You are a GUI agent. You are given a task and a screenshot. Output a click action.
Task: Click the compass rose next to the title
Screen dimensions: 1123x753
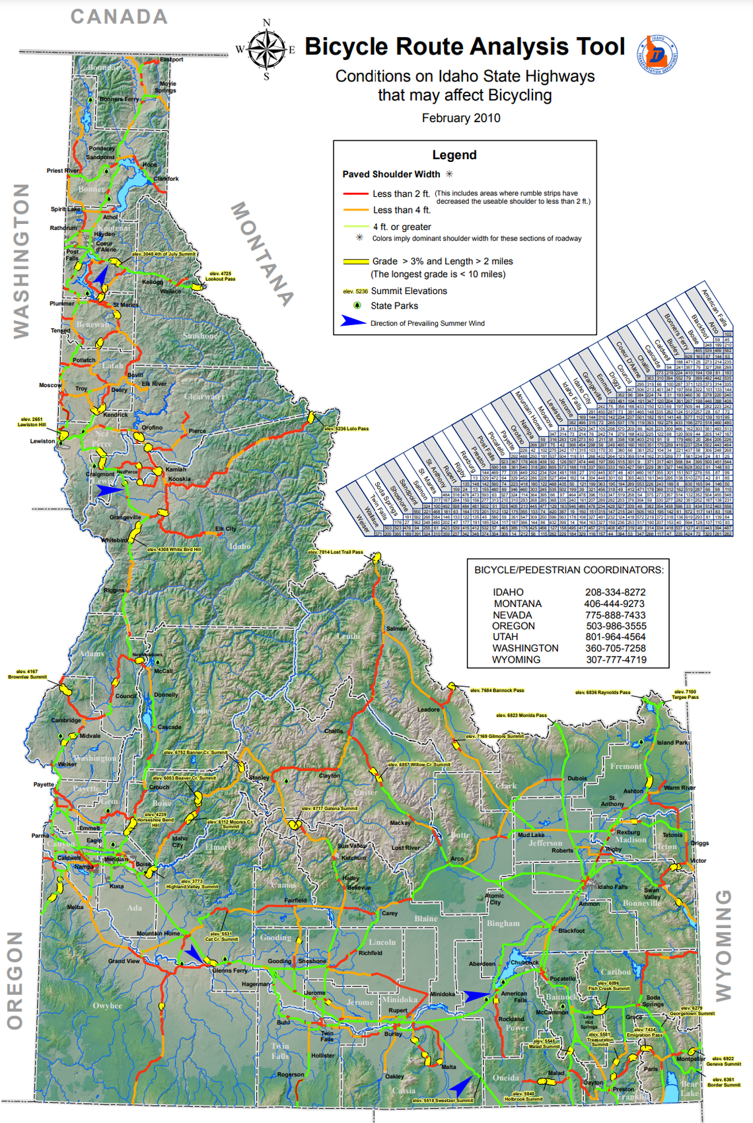pos(266,49)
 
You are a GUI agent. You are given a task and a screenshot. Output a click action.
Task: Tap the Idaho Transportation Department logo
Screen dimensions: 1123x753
pos(657,54)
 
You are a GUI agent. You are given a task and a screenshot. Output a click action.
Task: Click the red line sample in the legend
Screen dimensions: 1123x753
pos(355,194)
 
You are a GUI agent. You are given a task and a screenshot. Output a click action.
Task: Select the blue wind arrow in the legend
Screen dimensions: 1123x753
pos(353,322)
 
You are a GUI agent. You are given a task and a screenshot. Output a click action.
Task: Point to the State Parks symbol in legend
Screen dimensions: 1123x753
pos(357,305)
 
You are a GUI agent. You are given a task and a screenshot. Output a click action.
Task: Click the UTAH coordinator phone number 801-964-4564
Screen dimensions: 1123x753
pos(615,637)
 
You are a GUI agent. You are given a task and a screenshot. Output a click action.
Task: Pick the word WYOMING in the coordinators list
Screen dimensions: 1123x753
pos(517,659)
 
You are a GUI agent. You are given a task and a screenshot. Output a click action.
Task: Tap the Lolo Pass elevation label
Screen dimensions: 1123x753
pos(347,429)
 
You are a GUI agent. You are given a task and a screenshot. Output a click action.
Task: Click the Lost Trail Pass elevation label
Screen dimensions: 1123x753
pos(336,552)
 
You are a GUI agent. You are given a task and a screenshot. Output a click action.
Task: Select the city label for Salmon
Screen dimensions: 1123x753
pos(396,628)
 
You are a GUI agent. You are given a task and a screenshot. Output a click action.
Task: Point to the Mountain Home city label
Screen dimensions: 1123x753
pos(158,933)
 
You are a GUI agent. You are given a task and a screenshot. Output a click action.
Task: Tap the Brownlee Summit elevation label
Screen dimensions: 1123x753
pos(27,674)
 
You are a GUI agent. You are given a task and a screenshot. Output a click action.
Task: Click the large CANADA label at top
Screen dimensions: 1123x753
pos(120,17)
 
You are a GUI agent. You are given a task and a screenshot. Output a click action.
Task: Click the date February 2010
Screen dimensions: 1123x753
pos(461,118)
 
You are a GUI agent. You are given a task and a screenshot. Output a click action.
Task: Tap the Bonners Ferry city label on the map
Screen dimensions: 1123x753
pos(120,99)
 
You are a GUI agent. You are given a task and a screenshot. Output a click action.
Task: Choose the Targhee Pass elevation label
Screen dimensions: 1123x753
pos(684,694)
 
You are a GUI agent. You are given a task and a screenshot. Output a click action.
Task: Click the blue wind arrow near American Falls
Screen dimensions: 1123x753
pos(477,996)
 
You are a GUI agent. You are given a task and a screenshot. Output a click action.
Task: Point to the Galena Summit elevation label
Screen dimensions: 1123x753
pos(330,809)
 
